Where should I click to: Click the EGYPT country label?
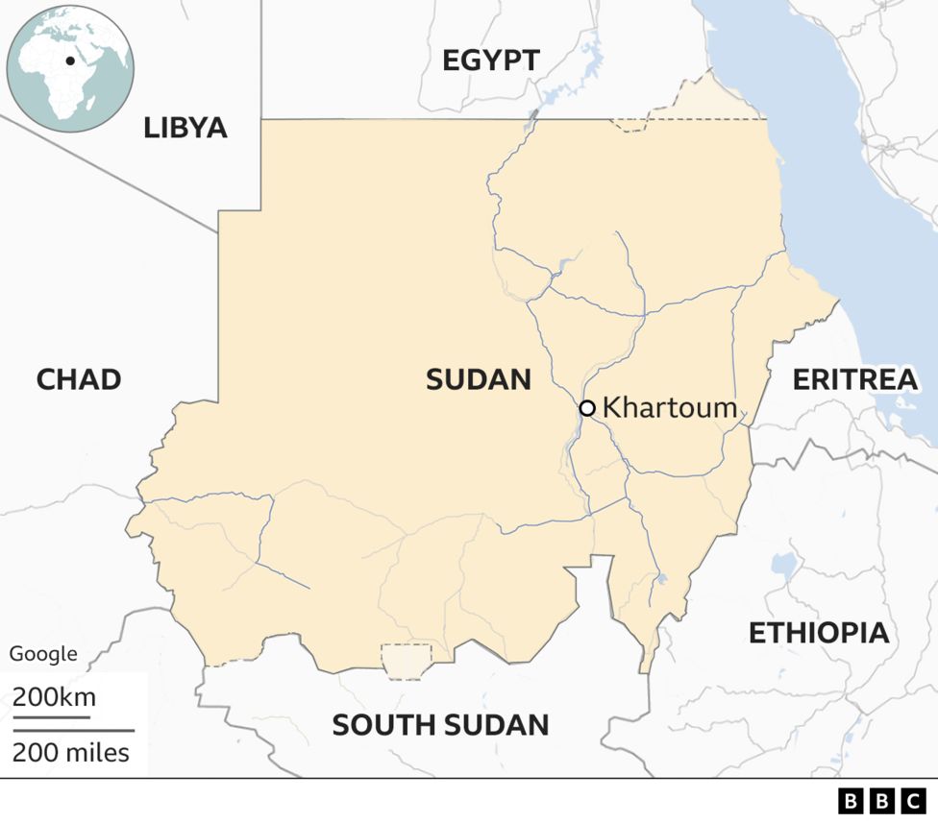(x=490, y=61)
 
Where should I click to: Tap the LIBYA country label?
(x=185, y=128)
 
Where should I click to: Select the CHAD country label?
(x=79, y=379)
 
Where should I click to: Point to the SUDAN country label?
(x=479, y=379)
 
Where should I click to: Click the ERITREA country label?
(x=854, y=379)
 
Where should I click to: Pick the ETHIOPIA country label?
(x=819, y=633)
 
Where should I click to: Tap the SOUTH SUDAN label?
(x=440, y=725)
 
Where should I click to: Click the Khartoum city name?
(x=669, y=408)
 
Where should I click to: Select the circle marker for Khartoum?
(x=587, y=408)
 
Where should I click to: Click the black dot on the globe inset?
(x=70, y=61)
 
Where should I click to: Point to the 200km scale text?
(x=54, y=696)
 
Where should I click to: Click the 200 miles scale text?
(x=71, y=752)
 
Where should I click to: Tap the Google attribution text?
(x=43, y=654)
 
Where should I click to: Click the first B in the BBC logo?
(x=851, y=801)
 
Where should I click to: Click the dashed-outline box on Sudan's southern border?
(x=407, y=661)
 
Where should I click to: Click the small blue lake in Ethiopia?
(x=784, y=567)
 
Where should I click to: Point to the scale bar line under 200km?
(x=51, y=716)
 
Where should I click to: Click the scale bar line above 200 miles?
(x=73, y=731)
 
